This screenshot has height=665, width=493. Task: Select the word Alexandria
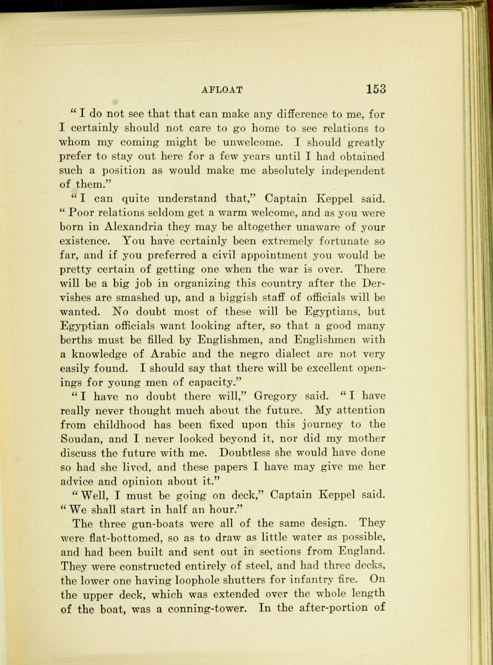pos(135,227)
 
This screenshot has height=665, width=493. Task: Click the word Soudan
pos(84,439)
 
